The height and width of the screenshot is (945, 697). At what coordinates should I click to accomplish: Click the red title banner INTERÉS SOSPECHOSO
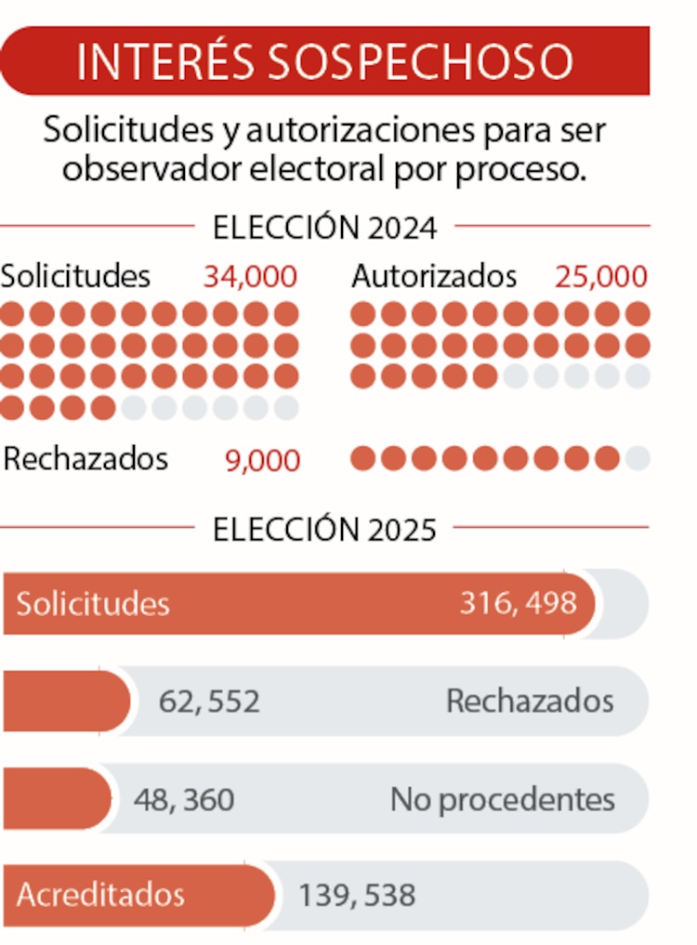pyautogui.click(x=324, y=60)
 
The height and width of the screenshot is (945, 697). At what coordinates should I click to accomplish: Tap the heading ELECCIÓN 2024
pyautogui.click(x=324, y=228)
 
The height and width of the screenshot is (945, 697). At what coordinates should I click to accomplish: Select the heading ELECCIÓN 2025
pyautogui.click(x=324, y=529)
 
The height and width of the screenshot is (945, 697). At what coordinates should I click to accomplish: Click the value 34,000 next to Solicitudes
pyautogui.click(x=250, y=277)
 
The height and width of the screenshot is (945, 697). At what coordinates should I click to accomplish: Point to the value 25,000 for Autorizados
pyautogui.click(x=601, y=277)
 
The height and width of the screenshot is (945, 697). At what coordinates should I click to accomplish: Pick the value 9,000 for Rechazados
pyautogui.click(x=263, y=461)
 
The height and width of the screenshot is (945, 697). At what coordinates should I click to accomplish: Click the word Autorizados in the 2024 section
pyautogui.click(x=434, y=277)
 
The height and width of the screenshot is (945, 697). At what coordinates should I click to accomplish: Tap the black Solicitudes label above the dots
pyautogui.click(x=75, y=277)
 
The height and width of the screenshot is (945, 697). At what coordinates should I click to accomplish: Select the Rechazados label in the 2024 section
pyautogui.click(x=86, y=460)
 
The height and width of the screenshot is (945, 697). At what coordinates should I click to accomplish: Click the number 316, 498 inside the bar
pyautogui.click(x=518, y=603)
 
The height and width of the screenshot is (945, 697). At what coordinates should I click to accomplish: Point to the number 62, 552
pyautogui.click(x=209, y=702)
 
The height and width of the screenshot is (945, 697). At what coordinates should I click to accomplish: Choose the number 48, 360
pyautogui.click(x=184, y=799)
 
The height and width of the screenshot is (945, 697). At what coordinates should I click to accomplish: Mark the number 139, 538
pyautogui.click(x=357, y=896)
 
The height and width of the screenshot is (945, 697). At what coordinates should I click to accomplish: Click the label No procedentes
pyautogui.click(x=502, y=799)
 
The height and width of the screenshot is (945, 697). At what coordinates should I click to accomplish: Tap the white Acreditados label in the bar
pyautogui.click(x=100, y=896)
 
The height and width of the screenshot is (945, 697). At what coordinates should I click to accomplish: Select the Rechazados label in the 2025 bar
pyautogui.click(x=530, y=702)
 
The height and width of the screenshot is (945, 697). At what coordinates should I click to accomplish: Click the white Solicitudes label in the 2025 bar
pyautogui.click(x=93, y=604)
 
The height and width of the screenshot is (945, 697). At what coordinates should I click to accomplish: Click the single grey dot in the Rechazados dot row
pyautogui.click(x=638, y=459)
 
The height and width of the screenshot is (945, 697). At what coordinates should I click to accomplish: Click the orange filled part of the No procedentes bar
pyautogui.click(x=56, y=799)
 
